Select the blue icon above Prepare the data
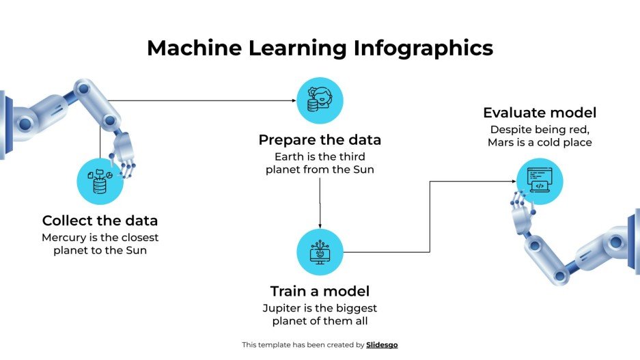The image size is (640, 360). click(x=320, y=100)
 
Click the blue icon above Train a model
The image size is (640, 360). click(x=320, y=252)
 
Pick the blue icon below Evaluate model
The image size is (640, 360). click(x=540, y=182)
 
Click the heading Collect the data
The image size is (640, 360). click(x=100, y=221)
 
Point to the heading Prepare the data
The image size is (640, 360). click(x=320, y=140)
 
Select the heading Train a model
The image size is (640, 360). click(x=320, y=291)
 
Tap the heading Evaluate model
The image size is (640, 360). click(x=540, y=113)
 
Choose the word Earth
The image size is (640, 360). click(x=288, y=156)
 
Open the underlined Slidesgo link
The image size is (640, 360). click(x=382, y=345)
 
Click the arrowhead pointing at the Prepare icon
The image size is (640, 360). click(x=294, y=101)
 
